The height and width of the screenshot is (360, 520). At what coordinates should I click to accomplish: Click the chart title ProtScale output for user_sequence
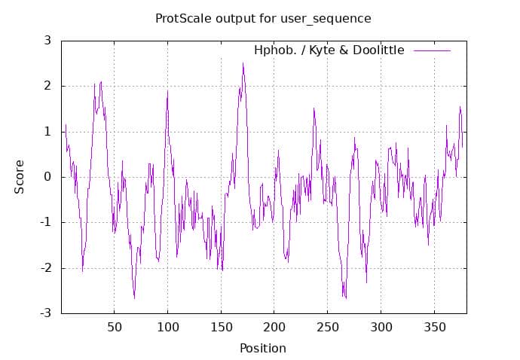pos(263,17)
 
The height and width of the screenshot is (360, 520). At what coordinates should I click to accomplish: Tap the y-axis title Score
pos(20,176)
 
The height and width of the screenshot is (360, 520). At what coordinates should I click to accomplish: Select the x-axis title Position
pos(263,348)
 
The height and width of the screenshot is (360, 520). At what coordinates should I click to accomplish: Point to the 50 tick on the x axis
pos(114,328)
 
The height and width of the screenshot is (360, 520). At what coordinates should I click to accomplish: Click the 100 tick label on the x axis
pos(167,328)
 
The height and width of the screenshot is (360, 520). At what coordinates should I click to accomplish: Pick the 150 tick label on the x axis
pos(221,328)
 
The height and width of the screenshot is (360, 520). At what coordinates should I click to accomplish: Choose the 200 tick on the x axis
pos(274,328)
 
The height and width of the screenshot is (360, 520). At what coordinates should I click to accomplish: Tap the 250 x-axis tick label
pos(328,328)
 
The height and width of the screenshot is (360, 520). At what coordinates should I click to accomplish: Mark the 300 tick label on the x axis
pos(381,328)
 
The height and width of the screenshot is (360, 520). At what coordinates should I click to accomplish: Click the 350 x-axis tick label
pos(435,328)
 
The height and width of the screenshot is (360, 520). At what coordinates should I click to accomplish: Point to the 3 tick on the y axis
pos(47,40)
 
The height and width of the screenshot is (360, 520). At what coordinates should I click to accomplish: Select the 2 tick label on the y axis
pos(47,86)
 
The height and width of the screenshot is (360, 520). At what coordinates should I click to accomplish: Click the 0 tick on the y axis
pos(47,177)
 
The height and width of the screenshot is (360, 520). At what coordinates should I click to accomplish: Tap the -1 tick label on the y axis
pos(44,222)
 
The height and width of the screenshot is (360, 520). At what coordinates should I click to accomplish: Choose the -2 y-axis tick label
pos(44,268)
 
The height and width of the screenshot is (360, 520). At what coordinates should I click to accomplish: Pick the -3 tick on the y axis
pos(44,313)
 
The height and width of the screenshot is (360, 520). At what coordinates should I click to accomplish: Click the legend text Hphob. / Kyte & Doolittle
pos(329,50)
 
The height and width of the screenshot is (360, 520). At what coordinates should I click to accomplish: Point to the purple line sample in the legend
pos(432,50)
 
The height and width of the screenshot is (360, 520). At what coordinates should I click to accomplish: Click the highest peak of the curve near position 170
pos(243,63)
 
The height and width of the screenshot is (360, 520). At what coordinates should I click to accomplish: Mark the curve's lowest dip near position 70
pos(135,298)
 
